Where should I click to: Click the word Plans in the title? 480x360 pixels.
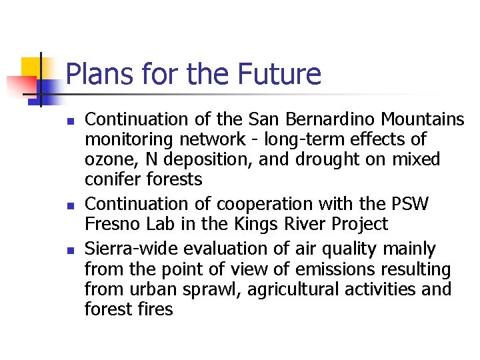tap(93, 75)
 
